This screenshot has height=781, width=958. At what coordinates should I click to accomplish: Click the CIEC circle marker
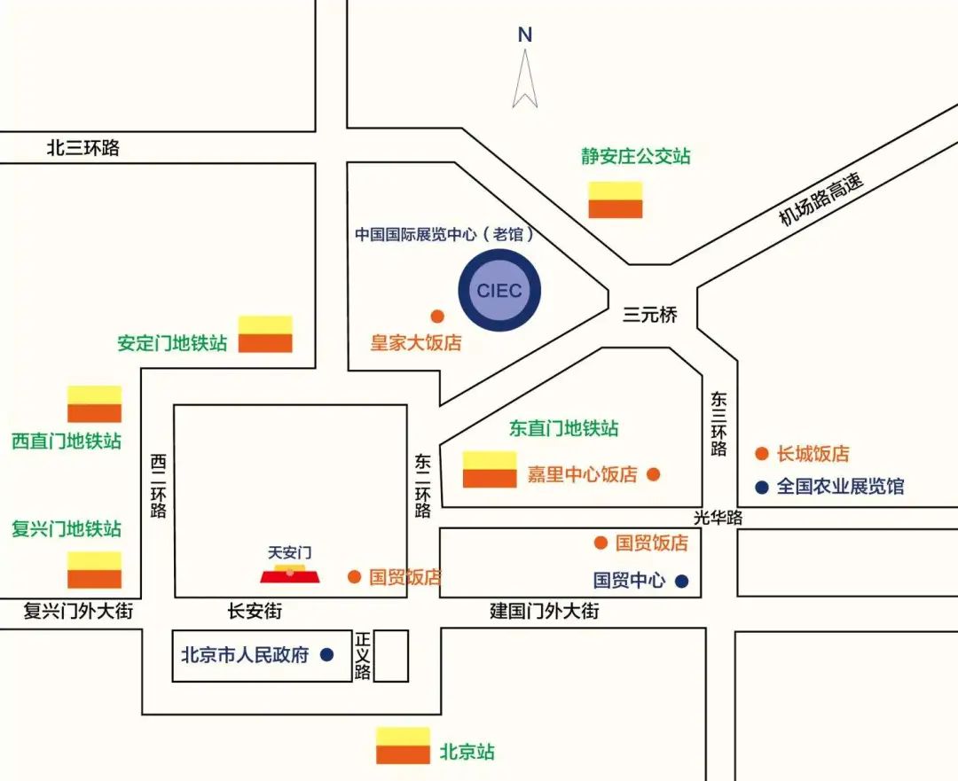(x=499, y=290)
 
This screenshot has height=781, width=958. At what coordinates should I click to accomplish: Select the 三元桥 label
(x=649, y=315)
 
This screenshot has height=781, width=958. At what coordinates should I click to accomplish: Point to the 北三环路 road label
(x=82, y=148)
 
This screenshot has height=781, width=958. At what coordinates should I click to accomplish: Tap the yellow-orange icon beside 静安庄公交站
(x=616, y=199)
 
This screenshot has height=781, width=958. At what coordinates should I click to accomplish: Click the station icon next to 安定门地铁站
(x=265, y=334)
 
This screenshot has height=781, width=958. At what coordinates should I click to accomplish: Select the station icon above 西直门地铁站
(x=95, y=404)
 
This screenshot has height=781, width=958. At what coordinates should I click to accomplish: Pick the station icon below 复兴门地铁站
(x=95, y=570)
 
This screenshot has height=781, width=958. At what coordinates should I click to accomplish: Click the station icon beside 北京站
(x=403, y=746)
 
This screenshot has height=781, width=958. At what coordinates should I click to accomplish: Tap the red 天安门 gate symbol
(x=290, y=574)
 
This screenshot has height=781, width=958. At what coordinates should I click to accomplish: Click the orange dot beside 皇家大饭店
(x=436, y=316)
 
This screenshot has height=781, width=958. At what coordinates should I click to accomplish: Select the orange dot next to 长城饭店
(x=761, y=454)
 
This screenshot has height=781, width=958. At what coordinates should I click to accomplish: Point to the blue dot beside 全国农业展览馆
(x=761, y=487)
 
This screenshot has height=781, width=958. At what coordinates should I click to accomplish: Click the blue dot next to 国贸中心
(x=681, y=582)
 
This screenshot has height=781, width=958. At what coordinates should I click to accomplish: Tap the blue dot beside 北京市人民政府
(x=326, y=655)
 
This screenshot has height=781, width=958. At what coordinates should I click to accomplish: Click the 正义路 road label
(x=362, y=656)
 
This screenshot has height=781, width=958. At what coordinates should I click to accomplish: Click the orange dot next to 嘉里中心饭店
(x=654, y=474)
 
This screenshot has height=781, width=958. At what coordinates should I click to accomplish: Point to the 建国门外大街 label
(x=545, y=611)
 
